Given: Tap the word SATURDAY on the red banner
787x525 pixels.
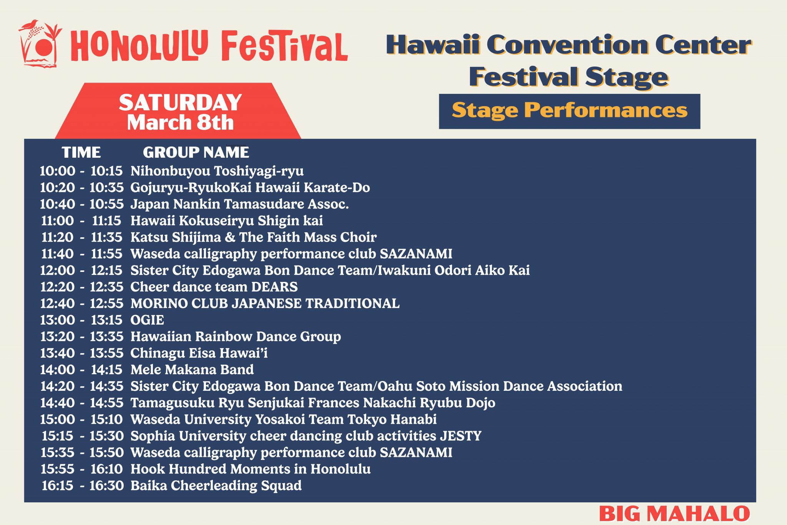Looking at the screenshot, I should pyautogui.click(x=180, y=103).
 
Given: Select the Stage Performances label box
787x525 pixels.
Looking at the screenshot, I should pyautogui.click(x=569, y=111).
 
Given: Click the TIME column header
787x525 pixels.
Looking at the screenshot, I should pyautogui.click(x=81, y=153).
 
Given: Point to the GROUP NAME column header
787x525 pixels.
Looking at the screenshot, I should pyautogui.click(x=196, y=153).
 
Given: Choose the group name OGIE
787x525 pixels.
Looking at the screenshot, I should pyautogui.click(x=147, y=320).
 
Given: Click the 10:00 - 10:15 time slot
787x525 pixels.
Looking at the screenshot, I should pyautogui.click(x=81, y=171).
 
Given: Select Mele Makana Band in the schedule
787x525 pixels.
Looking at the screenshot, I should pyautogui.click(x=192, y=370).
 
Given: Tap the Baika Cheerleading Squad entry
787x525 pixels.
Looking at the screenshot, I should pyautogui.click(x=216, y=485).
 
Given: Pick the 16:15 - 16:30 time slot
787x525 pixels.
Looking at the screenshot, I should pyautogui.click(x=82, y=485).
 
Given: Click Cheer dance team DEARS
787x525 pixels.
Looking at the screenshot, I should pyautogui.click(x=214, y=287).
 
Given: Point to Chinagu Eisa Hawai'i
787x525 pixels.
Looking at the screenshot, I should pyautogui.click(x=199, y=353).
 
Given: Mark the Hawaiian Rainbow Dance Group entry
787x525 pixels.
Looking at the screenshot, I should pyautogui.click(x=236, y=337).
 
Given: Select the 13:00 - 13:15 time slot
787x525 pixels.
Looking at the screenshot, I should pyautogui.click(x=81, y=320).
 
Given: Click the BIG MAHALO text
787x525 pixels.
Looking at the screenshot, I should pyautogui.click(x=674, y=514).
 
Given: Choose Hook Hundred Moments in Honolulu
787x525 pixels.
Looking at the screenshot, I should pyautogui.click(x=251, y=469).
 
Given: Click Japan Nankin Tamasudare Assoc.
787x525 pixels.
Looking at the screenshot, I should pyautogui.click(x=239, y=204).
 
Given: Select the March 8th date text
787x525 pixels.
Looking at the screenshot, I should pyautogui.click(x=180, y=123).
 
